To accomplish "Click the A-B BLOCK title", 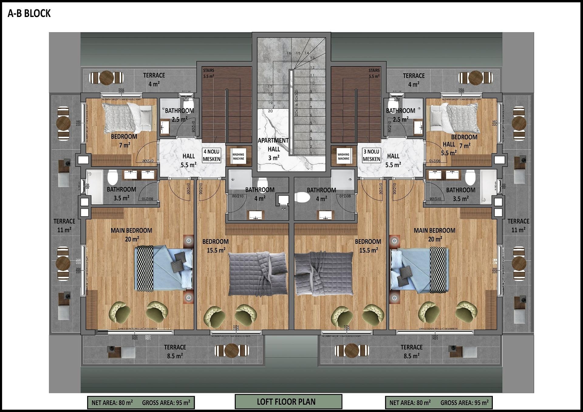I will (x=29, y=14).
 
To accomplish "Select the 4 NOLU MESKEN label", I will (x=211, y=155).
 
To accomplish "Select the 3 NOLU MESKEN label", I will (x=371, y=155).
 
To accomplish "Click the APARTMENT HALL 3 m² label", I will (x=274, y=149).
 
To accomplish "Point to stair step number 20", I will (x=270, y=111).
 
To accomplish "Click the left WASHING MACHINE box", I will (x=238, y=157).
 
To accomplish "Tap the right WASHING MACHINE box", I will (x=343, y=157).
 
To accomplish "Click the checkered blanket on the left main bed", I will (x=144, y=268).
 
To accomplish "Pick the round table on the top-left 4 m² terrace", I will (x=107, y=78).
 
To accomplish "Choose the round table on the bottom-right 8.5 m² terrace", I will (x=352, y=351).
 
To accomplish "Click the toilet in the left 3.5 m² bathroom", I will (x=112, y=177).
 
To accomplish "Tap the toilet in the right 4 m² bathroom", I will (x=302, y=197).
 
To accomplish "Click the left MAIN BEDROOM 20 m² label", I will (x=131, y=235).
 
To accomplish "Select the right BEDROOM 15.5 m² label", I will (x=368, y=246).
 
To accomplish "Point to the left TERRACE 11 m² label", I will (x=64, y=225).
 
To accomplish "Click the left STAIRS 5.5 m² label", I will (x=209, y=73).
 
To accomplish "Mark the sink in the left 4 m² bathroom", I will (x=256, y=215).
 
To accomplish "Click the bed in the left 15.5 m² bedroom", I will (x=258, y=273).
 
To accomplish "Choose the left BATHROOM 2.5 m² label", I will (x=179, y=115).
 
